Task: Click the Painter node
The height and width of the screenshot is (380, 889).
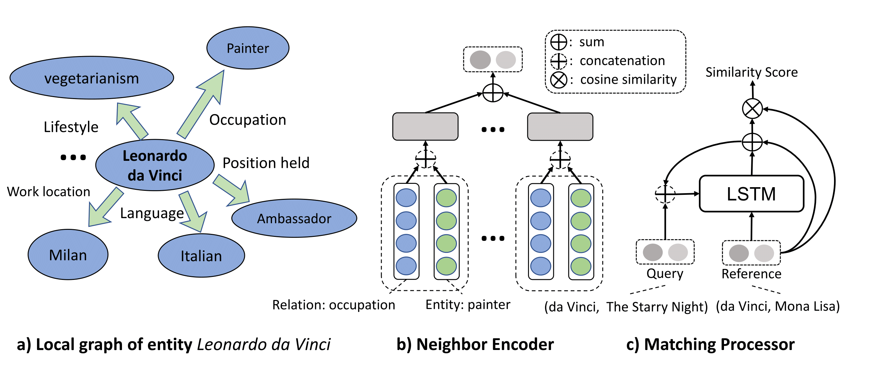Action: click(x=248, y=48)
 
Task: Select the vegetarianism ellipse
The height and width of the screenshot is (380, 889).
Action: click(x=91, y=78)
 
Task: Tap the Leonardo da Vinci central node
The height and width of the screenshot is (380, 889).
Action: click(x=155, y=165)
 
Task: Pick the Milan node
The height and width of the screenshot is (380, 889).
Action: click(x=68, y=255)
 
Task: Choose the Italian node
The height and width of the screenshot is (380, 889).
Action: click(x=201, y=256)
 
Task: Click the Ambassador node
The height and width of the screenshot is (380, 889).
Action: click(x=294, y=218)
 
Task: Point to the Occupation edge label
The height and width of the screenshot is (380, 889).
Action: click(x=247, y=120)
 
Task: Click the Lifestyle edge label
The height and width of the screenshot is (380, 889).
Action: click(x=71, y=127)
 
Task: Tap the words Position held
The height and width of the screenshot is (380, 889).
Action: click(x=266, y=163)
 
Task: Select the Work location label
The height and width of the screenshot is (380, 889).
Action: click(x=48, y=192)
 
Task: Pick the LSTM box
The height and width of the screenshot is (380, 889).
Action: click(x=751, y=194)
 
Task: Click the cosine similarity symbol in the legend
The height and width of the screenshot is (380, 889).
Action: click(x=558, y=80)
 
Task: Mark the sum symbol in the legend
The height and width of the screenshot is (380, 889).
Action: click(x=558, y=42)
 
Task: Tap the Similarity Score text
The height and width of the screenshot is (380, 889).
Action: click(x=751, y=72)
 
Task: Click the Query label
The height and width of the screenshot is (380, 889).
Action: click(x=665, y=273)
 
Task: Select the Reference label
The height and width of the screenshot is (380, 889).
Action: click(x=751, y=274)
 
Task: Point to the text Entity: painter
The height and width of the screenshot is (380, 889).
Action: click(x=468, y=304)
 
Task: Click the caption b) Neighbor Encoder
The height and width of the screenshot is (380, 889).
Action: click(x=475, y=344)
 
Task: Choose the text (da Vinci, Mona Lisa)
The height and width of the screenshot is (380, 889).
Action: click(x=778, y=306)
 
